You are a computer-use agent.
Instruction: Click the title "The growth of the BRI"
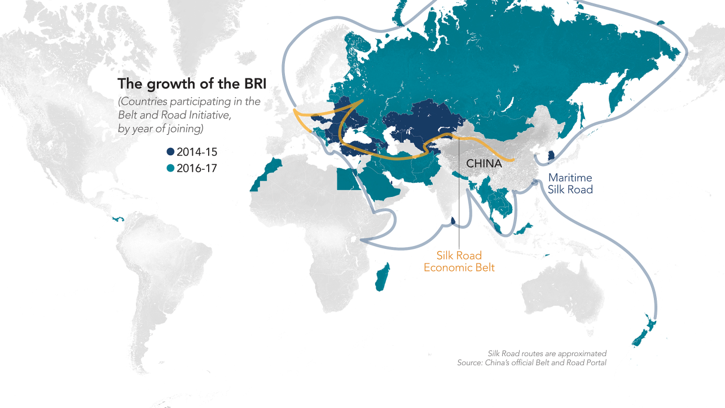click(x=192, y=84)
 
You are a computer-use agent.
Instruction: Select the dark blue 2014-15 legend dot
click(x=170, y=152)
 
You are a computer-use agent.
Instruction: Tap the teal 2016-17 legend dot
click(x=170, y=168)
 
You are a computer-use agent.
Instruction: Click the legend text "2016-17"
click(x=197, y=168)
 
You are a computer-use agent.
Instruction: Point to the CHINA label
click(x=484, y=164)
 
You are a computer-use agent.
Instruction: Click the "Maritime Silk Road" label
click(x=570, y=184)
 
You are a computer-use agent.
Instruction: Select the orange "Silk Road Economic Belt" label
click(x=459, y=262)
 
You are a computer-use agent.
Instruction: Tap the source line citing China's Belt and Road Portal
click(x=531, y=362)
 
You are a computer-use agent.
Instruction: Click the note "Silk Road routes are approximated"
click(x=547, y=353)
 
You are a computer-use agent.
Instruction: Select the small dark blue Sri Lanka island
click(x=454, y=222)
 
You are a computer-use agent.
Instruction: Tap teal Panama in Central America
click(x=119, y=220)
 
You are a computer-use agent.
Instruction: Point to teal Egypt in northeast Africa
click(x=347, y=179)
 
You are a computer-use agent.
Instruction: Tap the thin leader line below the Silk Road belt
click(x=459, y=192)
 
